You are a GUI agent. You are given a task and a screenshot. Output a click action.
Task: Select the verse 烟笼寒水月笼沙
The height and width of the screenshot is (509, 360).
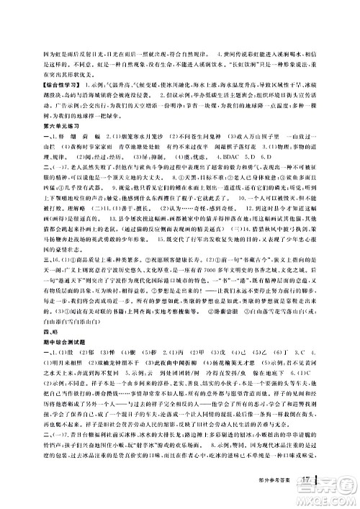tap(130, 134)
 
